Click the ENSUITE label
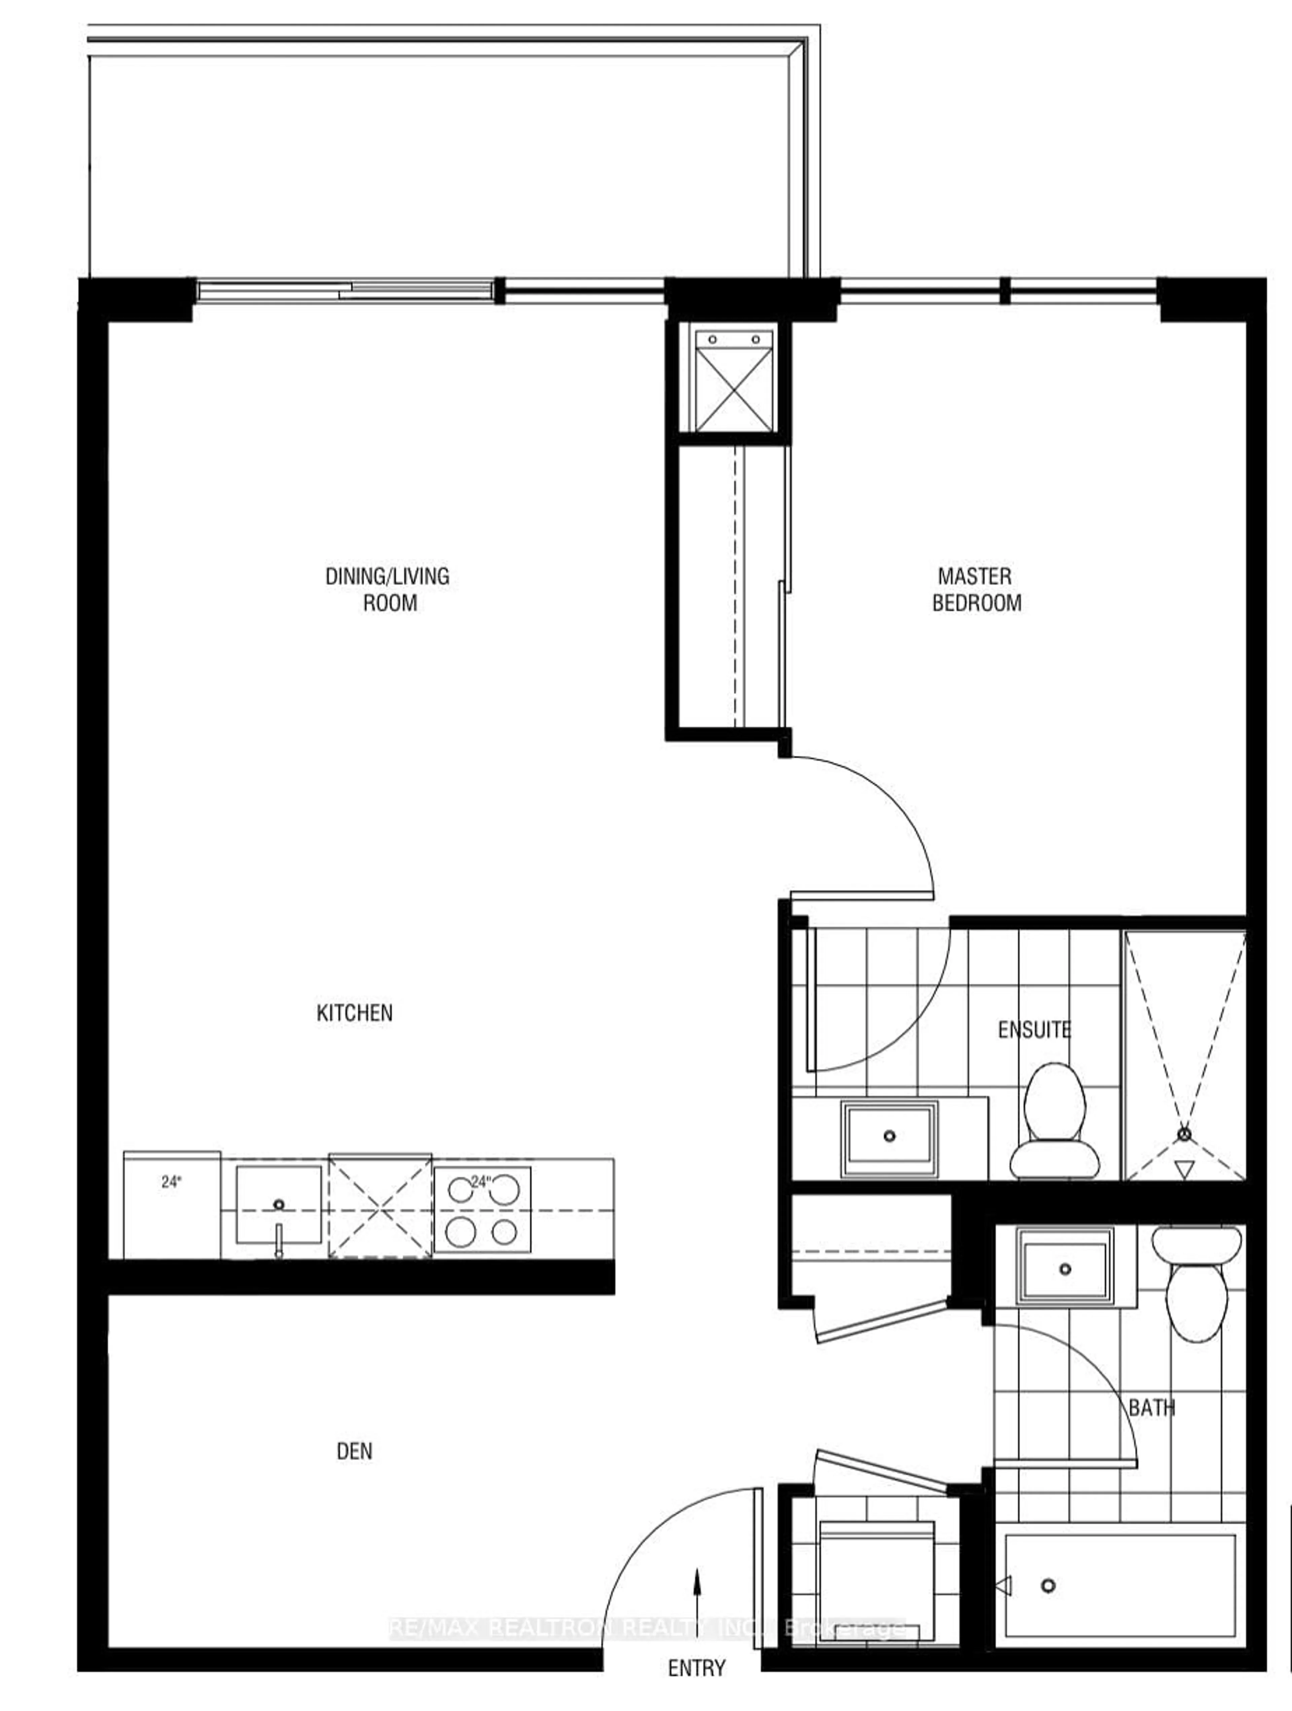[1034, 1030]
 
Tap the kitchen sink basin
[279, 1204]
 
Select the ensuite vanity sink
[890, 1137]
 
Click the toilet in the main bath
[1196, 1280]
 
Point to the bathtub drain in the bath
[1048, 1586]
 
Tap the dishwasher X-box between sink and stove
[380, 1206]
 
